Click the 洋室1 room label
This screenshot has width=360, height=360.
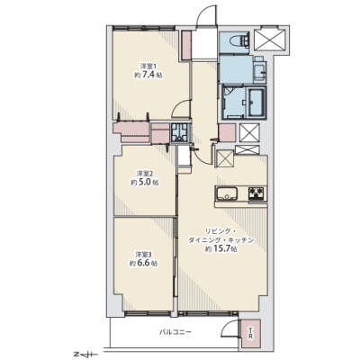click(x=148, y=66)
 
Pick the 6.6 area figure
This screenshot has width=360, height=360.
click(x=144, y=264)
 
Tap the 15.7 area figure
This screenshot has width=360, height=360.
click(x=222, y=248)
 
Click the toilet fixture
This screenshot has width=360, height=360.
click(x=240, y=40)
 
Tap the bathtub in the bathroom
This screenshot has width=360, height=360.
click(x=256, y=103)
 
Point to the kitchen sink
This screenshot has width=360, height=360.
click(x=227, y=194)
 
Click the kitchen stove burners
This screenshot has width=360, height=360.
click(x=256, y=193)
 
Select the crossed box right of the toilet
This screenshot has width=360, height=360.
click(x=268, y=40)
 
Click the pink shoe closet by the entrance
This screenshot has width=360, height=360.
click(x=187, y=45)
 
